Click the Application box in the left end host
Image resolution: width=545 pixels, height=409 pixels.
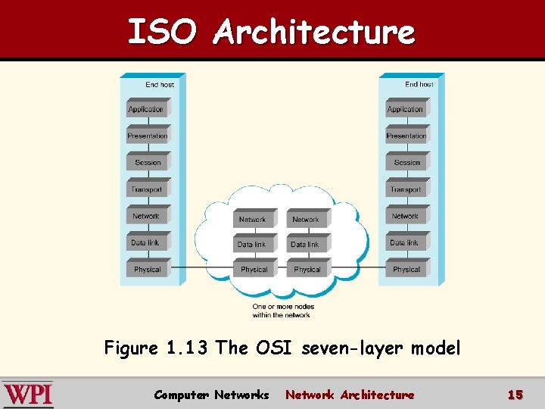146,110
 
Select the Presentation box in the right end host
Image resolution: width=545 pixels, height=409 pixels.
406,136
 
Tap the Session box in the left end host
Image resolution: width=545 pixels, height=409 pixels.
148,163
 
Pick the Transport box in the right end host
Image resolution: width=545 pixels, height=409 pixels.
406,189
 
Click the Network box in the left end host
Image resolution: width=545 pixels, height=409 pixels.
146,217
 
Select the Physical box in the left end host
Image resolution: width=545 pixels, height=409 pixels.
148,270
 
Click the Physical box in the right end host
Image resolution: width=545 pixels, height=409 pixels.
406,270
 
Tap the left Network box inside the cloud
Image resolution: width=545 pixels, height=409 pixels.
253,220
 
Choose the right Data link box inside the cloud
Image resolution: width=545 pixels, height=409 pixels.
305,245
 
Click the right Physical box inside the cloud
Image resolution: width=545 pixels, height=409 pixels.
307,270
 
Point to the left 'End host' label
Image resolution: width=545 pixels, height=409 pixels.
160,85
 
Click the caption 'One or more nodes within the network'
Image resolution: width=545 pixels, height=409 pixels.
281,311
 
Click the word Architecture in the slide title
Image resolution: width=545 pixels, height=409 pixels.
314,32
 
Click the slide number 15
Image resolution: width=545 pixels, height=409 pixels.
515,395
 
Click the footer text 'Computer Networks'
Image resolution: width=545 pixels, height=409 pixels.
211,395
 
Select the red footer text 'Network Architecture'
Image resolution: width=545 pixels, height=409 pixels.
350,395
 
